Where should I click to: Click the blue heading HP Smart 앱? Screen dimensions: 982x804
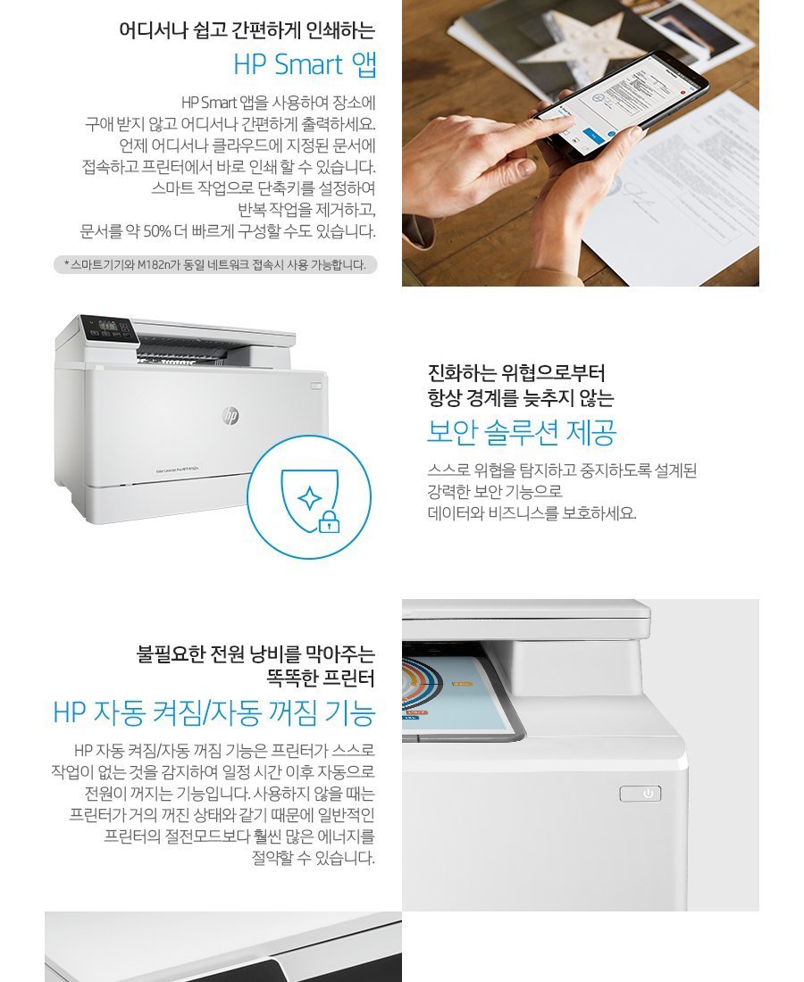coord(305,65)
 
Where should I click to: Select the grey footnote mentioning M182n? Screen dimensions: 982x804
coord(214,264)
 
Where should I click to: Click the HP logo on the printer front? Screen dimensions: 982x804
coord(230,415)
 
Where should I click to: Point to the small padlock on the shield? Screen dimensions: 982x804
coord(329,521)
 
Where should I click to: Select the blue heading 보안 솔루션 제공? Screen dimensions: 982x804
coord(522,433)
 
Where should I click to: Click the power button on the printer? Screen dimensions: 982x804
coord(641,794)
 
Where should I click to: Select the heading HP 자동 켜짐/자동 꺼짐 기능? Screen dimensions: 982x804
coord(214,713)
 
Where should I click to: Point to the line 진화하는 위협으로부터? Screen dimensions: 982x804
coord(516,372)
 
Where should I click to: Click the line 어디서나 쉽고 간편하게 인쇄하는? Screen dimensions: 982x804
coord(247,29)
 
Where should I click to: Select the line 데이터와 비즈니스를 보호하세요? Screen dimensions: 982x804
coord(532,513)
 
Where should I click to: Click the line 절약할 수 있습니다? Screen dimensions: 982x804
coord(314,858)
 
